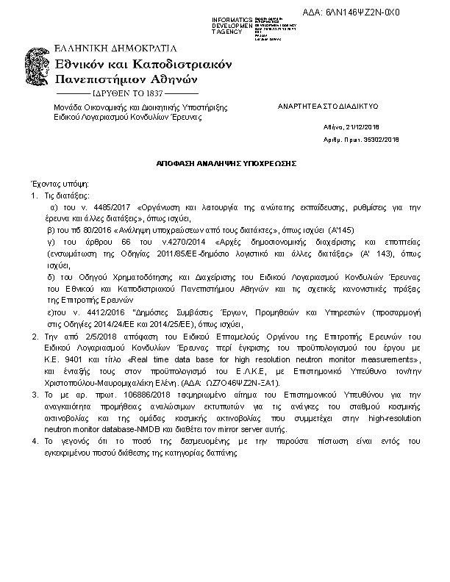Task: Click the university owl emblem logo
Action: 38,71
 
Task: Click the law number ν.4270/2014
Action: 183,241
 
